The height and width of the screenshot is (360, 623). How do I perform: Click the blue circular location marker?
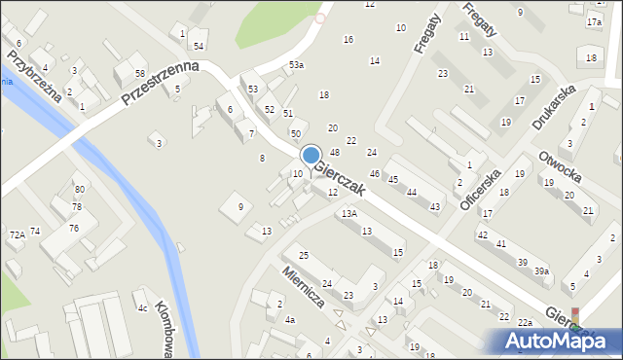tap(311, 155)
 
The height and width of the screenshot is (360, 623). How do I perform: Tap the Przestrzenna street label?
tap(161, 85)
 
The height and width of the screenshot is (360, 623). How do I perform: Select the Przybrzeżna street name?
tap(28, 74)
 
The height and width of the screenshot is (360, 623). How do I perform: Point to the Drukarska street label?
tap(555, 107)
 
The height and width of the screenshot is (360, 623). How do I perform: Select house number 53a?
tap(296, 64)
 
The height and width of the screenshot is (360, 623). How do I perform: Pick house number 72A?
tap(17, 234)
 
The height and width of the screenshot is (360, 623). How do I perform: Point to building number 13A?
tap(348, 213)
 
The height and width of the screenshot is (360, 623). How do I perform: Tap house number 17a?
tap(594, 21)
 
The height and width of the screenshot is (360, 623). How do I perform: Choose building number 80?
tap(79, 189)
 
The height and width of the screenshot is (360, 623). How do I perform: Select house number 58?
tap(140, 74)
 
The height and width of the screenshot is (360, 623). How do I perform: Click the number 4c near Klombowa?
tap(142, 308)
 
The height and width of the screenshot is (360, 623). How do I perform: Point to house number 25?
tap(304, 255)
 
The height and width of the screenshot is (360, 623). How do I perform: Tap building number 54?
tap(198, 46)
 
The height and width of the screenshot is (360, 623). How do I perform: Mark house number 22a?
tap(526, 322)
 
